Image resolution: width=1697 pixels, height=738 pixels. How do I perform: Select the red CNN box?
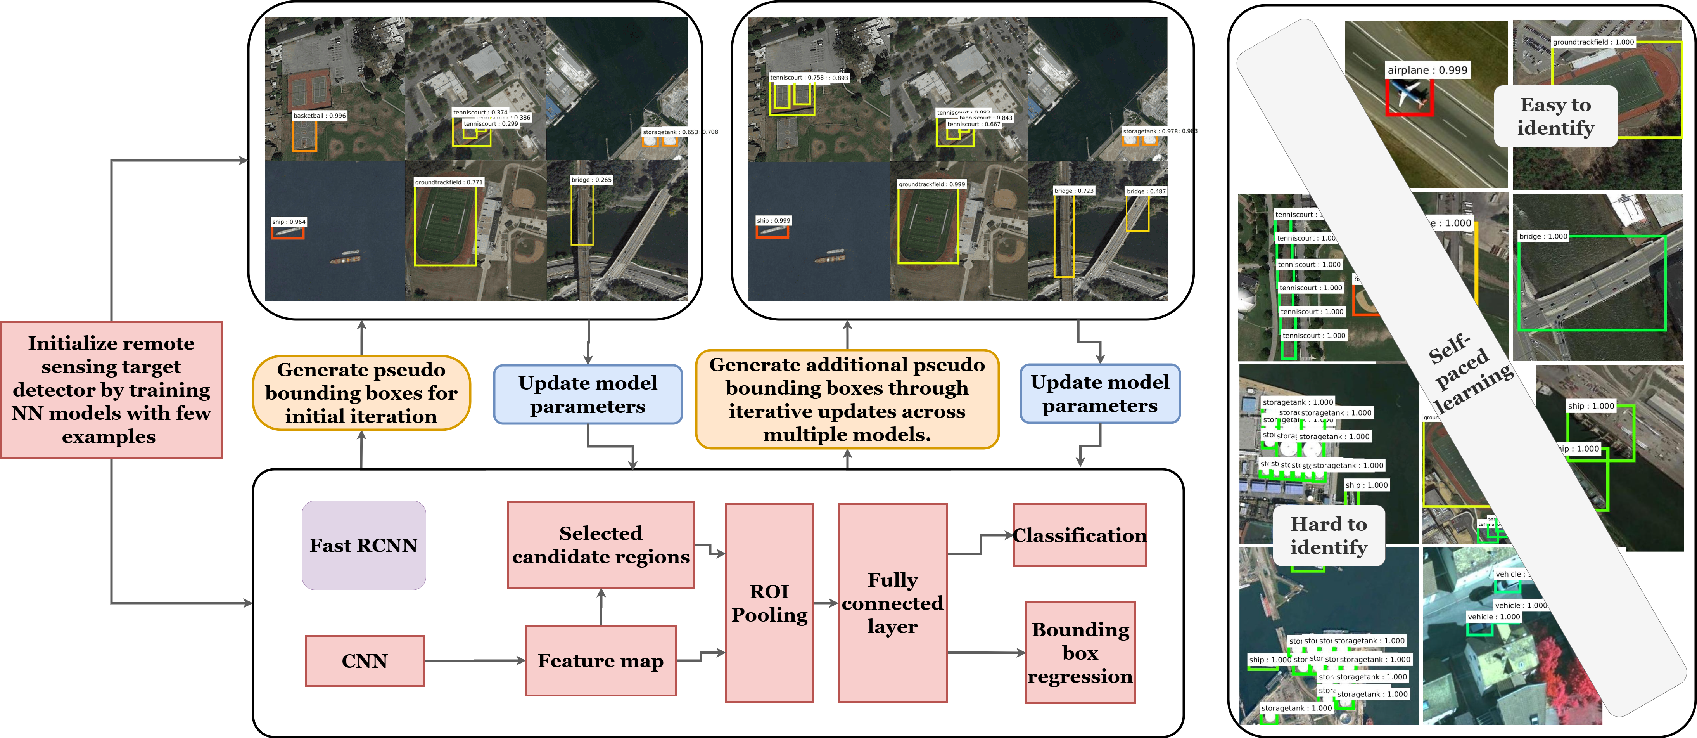point(364,661)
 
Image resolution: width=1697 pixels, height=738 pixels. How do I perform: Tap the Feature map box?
point(600,660)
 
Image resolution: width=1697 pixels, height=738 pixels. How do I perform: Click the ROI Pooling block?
point(769,603)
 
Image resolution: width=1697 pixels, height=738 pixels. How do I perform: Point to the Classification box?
point(1080,535)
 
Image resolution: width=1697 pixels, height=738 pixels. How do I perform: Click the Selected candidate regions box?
point(601,545)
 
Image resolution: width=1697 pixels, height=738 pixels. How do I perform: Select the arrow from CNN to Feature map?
point(474,660)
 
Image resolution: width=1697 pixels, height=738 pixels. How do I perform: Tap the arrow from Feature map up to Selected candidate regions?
point(601,606)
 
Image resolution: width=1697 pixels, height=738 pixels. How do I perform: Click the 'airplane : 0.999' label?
point(1427,70)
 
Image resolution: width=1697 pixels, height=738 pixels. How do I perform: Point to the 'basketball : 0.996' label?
point(320,115)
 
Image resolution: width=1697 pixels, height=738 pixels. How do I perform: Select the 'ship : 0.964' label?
point(289,222)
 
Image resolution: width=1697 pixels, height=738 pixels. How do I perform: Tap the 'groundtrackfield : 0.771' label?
point(449,182)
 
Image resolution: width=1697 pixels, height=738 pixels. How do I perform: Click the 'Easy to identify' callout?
point(1555,116)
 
